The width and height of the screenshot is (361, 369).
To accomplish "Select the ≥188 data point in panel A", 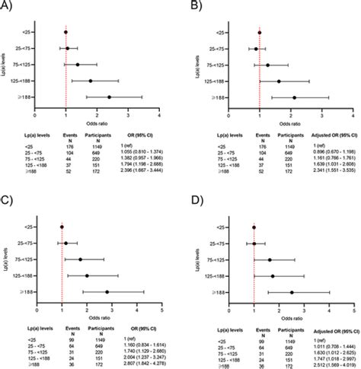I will (109, 97).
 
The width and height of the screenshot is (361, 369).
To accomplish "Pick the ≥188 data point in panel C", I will (107, 291).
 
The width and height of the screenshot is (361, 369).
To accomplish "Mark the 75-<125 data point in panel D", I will (270, 259).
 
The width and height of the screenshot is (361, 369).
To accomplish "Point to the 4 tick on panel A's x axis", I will (159, 115).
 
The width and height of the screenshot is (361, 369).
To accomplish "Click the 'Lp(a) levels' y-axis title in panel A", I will (16, 65).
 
